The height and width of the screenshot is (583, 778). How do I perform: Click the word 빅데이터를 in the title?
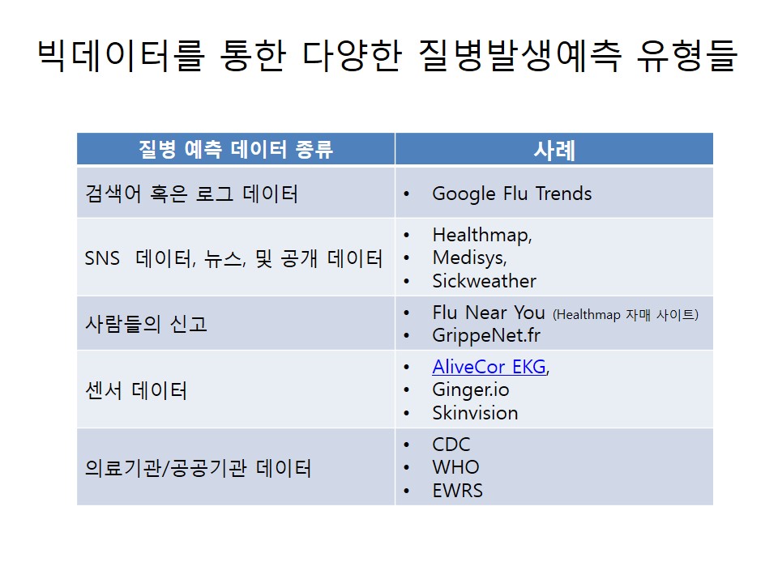(121, 55)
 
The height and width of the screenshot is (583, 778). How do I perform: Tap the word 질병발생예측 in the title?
(520, 55)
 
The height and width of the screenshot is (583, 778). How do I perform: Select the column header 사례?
(554, 150)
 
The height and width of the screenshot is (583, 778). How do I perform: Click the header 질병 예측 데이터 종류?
(236, 149)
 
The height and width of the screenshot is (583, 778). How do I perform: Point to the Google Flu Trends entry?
(512, 194)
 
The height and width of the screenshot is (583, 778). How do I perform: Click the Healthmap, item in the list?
(482, 235)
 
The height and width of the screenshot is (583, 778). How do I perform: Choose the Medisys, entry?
(470, 257)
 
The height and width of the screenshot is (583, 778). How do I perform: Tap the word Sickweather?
(485, 281)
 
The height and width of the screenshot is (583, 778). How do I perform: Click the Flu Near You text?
(489, 313)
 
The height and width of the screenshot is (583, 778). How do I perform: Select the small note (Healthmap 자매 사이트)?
(626, 314)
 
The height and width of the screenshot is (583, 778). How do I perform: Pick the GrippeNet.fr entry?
(486, 335)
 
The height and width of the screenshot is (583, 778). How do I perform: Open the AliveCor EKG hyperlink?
(489, 367)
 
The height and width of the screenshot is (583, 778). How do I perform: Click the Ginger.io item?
(471, 390)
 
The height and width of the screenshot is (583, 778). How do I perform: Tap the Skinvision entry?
(476, 413)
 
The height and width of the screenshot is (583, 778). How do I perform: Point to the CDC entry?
(451, 445)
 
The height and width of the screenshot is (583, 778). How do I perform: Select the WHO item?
(456, 467)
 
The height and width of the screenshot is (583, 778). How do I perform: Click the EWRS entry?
(457, 491)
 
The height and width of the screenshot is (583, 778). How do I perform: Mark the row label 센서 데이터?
(136, 390)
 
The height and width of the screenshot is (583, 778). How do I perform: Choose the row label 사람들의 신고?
(147, 324)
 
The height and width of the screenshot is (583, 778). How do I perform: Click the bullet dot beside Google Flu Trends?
(406, 194)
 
